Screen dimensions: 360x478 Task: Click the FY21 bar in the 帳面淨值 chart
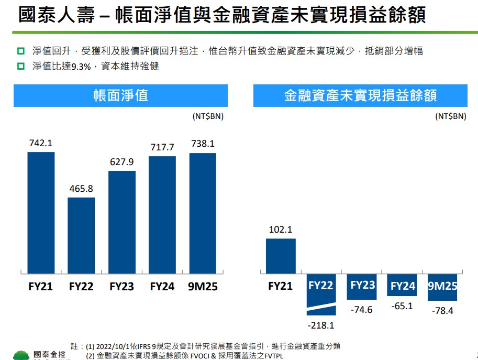41,213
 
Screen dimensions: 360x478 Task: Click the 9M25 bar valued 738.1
203,213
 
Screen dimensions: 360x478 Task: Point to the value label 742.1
41,143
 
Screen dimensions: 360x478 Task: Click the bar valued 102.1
281,256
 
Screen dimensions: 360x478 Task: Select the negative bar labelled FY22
321,293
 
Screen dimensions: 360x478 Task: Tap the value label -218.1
321,325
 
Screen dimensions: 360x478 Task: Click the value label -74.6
361,310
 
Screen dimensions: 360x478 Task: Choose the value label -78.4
442,311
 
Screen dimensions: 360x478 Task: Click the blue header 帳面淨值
120,95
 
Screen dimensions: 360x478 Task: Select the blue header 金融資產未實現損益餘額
360,95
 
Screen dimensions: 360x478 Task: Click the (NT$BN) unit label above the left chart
208,116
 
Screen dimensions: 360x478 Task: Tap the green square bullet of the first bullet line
21,51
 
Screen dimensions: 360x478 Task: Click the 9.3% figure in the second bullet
81,67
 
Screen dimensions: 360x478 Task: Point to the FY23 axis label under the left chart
121,287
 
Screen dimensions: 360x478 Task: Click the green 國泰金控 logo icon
21,355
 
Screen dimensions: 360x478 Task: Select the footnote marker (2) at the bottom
90,356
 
